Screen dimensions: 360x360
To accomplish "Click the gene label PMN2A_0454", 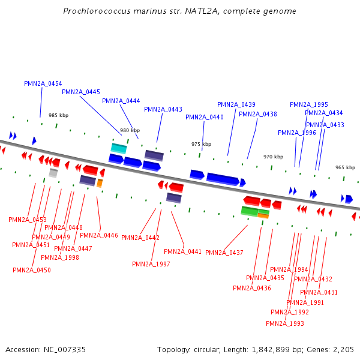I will coord(43,83).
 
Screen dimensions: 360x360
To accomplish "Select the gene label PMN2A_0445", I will coord(81,92).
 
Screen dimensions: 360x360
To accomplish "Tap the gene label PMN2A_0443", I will coord(163,109).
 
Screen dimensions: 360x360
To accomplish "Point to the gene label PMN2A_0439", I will coord(236,104).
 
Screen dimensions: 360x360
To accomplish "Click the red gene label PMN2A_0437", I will coord(224,253).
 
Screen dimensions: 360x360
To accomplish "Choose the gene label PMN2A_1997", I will coord(151,264).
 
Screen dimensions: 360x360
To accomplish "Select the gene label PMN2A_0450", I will coord(32,270).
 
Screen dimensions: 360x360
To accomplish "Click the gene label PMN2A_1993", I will coord(285,323).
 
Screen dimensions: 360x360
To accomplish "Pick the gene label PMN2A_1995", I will coord(309,104).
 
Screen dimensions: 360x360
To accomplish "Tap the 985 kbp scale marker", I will coord(59,115).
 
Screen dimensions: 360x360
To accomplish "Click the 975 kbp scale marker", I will coord(202,144).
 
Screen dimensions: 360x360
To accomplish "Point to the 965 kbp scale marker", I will coord(345,168).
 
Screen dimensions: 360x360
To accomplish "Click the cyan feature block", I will coord(119,148).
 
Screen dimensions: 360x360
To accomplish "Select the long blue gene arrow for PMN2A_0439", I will coord(223,178).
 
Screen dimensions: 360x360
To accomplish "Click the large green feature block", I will coord(249,211).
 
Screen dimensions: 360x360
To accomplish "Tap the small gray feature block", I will coord(53,173).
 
